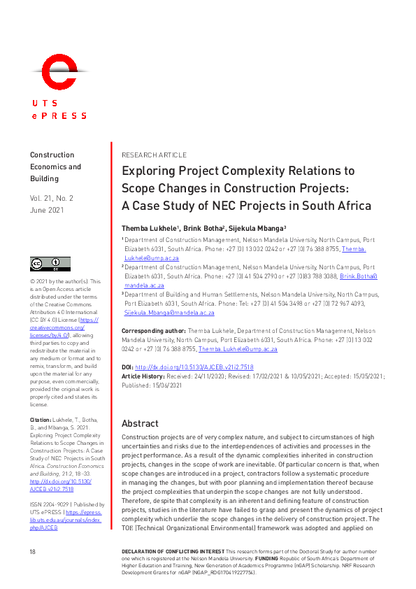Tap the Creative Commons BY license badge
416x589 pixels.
(x=50, y=264)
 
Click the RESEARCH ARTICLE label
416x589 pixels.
(x=154, y=155)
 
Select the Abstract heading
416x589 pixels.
(x=140, y=423)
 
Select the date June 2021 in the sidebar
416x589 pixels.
(x=47, y=210)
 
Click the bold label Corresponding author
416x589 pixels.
(x=154, y=330)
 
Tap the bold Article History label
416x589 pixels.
(x=144, y=376)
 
